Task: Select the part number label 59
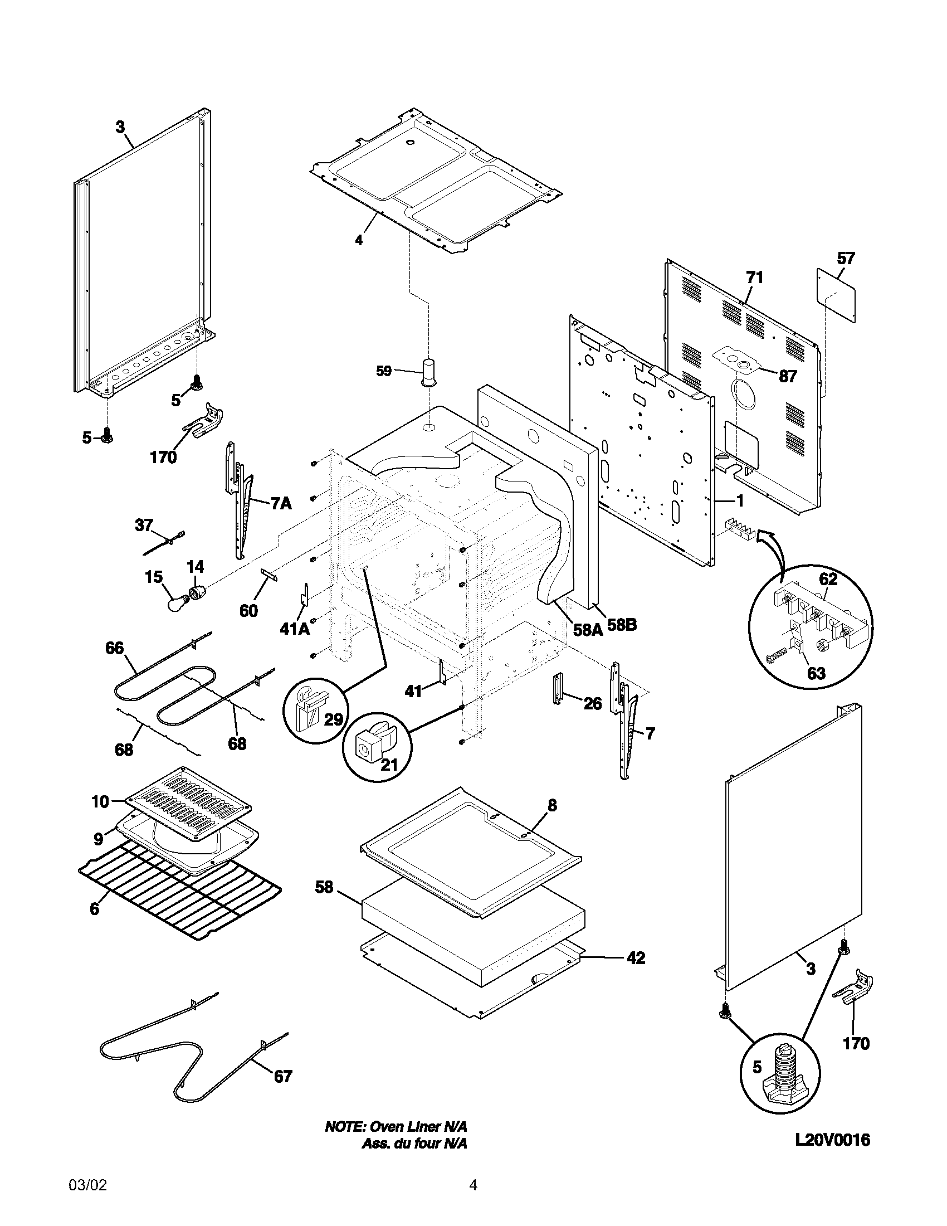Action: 384,371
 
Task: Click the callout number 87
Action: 788,377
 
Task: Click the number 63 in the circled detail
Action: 816,673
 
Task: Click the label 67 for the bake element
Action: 283,1076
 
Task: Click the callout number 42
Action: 636,957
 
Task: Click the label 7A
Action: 281,504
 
